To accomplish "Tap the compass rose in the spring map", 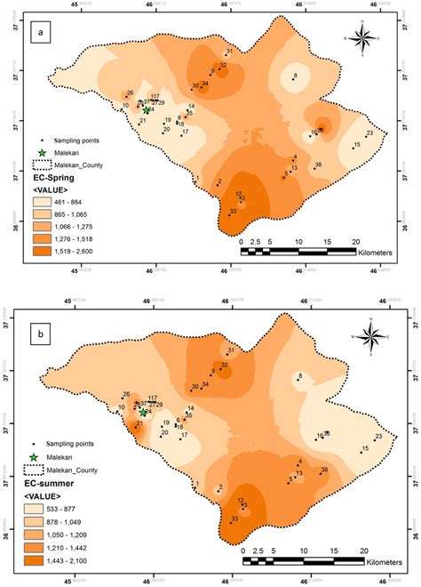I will click(x=362, y=38).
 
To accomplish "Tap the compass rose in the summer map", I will click(x=374, y=335).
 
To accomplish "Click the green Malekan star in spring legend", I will click(x=40, y=152).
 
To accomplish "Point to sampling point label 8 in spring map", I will click(x=294, y=76).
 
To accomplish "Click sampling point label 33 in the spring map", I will click(x=233, y=211).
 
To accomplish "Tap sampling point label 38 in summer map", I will click(x=324, y=469).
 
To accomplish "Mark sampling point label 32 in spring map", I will click(x=223, y=65).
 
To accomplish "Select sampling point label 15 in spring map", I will click(x=356, y=144).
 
